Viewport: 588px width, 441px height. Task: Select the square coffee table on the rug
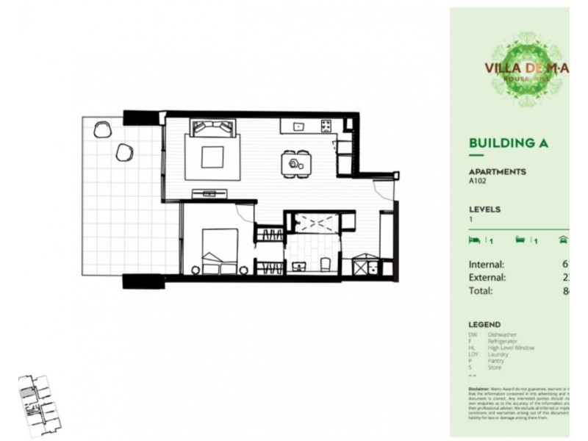coord(212,157)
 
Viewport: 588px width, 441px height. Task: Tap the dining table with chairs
coord(296,162)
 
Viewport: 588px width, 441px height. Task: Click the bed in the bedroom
coord(218,250)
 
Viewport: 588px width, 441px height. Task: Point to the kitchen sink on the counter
coord(299,126)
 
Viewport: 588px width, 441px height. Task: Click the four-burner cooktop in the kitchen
coord(326,126)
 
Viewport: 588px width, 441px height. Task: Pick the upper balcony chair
coord(101,130)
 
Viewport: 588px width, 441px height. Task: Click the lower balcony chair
coord(124,152)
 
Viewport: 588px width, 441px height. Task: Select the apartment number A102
coord(478,180)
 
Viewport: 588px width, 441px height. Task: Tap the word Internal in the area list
coord(487,265)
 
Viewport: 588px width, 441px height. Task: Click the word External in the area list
coord(487,278)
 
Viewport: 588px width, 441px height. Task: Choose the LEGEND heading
coord(484,324)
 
